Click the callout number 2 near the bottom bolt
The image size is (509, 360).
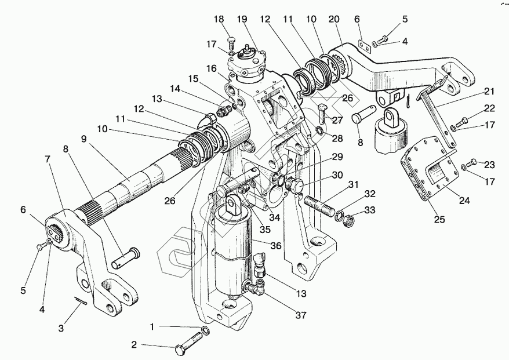tap(134, 345)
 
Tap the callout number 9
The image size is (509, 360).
tap(84, 139)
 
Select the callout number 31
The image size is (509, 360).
tap(353, 184)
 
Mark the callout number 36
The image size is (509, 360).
tap(276, 246)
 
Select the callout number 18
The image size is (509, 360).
tap(219, 20)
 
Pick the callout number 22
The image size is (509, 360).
tap(473, 108)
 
